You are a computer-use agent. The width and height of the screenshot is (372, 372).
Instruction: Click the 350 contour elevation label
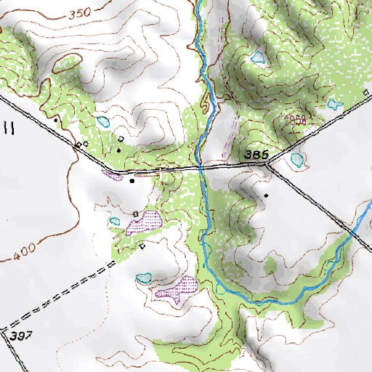coord(81,14)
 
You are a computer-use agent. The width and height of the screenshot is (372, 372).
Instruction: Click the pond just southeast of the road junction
coord(296,159)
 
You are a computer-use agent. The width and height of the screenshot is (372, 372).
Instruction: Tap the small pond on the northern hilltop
coord(257,57)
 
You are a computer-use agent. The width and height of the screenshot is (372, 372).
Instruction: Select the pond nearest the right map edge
coord(334,105)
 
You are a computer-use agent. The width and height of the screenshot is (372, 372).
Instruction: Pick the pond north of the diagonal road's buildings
coord(104,121)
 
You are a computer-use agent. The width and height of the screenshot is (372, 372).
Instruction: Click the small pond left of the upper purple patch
coord(114,221)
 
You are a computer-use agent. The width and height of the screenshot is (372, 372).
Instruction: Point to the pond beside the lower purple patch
coord(144,277)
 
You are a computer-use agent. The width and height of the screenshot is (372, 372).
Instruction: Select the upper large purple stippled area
coord(145,221)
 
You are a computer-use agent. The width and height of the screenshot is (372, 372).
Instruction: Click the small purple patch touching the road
coord(113,174)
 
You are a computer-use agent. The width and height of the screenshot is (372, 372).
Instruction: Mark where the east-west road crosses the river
coord(198,167)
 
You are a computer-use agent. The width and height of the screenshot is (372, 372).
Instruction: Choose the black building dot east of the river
coord(266,195)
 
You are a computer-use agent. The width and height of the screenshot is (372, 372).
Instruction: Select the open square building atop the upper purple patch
coord(136,211)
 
